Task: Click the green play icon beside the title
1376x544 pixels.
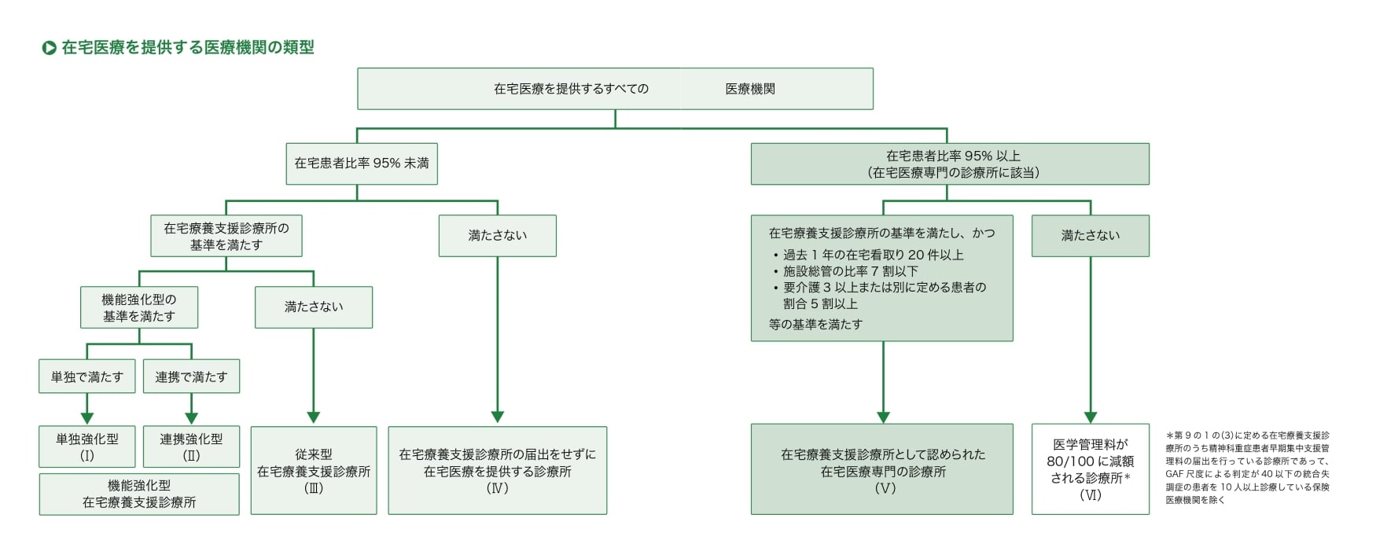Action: pyautogui.click(x=49, y=48)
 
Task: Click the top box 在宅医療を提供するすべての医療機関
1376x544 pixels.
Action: pyautogui.click(x=615, y=89)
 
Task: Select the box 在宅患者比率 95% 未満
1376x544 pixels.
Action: pyautogui.click(x=362, y=164)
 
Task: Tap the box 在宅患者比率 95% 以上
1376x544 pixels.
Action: pyautogui.click(x=950, y=164)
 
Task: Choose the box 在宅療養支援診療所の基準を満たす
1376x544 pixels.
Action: pyautogui.click(x=226, y=236)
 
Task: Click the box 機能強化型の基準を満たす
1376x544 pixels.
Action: pyautogui.click(x=139, y=307)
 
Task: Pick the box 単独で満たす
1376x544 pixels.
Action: pyautogui.click(x=87, y=377)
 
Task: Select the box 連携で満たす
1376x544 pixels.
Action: pyautogui.click(x=191, y=377)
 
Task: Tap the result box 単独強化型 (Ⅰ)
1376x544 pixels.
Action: pyautogui.click(x=87, y=447)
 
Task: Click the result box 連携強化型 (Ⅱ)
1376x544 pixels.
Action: pyautogui.click(x=191, y=447)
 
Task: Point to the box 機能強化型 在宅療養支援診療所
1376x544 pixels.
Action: pyautogui.click(x=139, y=494)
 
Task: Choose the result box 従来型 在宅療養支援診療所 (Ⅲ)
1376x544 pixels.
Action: pyautogui.click(x=314, y=470)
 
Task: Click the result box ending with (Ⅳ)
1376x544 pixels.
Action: pyautogui.click(x=498, y=470)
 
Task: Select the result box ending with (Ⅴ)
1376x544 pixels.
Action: pyautogui.click(x=882, y=470)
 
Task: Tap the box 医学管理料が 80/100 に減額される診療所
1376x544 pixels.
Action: pyautogui.click(x=1091, y=470)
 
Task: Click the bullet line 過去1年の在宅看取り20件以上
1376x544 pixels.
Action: pyautogui.click(x=873, y=255)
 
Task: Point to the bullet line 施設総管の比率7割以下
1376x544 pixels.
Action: pyautogui.click(x=850, y=271)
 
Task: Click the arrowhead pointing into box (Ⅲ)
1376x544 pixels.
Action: pyautogui.click(x=314, y=417)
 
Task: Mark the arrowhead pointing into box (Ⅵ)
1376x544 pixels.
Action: pyautogui.click(x=1091, y=417)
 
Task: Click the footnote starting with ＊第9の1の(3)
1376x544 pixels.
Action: pyautogui.click(x=1248, y=467)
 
